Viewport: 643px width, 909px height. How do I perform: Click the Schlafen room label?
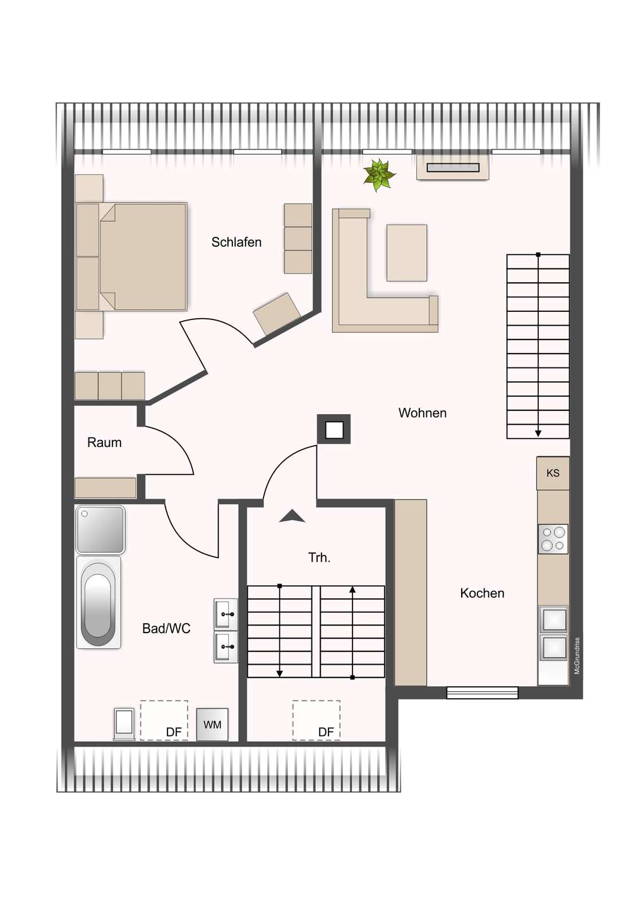coord(236,242)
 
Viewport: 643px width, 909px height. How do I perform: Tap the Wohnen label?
coord(422,413)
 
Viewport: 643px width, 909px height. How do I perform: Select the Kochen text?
coord(482,593)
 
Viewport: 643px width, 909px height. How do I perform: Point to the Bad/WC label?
coord(166,629)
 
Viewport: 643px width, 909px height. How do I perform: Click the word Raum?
coord(104,443)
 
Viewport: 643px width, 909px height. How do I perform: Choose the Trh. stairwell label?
coord(319,557)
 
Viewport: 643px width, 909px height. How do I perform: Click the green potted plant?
coord(379,174)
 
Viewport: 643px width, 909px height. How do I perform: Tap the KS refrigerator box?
coord(553,473)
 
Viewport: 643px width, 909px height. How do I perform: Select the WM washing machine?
coord(212,725)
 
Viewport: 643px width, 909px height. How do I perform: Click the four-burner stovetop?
coord(553,539)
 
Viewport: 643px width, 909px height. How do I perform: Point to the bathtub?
coord(99,603)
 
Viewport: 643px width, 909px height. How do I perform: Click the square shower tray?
coord(100,529)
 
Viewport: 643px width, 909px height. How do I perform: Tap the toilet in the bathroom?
coord(124,723)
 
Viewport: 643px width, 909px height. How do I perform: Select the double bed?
coord(142,256)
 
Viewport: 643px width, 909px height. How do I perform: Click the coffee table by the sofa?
coord(407,252)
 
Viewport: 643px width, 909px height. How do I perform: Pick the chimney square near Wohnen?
coord(334,430)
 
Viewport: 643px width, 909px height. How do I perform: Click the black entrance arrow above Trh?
coord(292,516)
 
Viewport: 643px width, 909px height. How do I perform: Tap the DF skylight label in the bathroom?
coord(174,732)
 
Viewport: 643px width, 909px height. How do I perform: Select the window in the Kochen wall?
coord(482,692)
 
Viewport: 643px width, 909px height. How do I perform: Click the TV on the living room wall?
coord(453,168)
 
